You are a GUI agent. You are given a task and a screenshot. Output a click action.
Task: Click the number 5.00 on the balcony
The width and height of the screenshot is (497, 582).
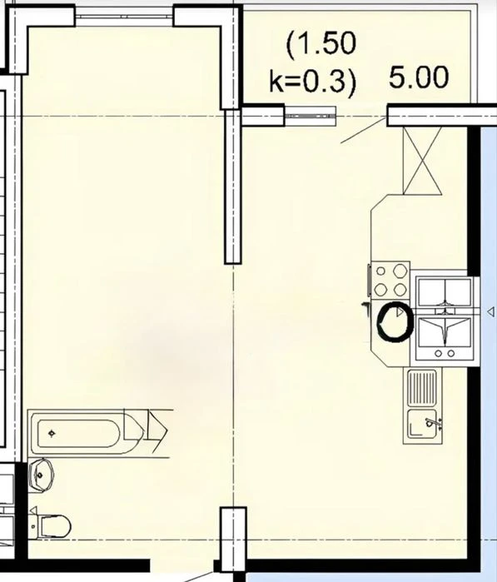point(419,77)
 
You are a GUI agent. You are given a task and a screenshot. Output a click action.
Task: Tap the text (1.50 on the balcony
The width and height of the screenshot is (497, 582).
point(321,44)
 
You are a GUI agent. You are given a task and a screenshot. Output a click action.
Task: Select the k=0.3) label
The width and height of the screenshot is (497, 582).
point(312,82)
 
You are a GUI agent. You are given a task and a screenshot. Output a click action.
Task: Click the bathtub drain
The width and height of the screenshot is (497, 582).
point(52,433)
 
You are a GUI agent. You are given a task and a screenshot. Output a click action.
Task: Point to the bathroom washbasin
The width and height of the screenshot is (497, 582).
point(41,475)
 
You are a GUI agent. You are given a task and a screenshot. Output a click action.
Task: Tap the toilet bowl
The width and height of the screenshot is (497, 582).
point(55,526)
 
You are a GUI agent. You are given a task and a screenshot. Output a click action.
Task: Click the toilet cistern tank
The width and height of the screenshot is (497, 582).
point(34,526)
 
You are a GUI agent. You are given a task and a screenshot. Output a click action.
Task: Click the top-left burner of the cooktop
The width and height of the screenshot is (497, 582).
point(380,271)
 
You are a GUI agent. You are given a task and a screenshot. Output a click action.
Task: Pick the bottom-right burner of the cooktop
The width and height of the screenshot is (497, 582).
point(400,289)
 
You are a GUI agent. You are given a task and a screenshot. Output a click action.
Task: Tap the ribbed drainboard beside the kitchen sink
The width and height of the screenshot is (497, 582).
point(422,388)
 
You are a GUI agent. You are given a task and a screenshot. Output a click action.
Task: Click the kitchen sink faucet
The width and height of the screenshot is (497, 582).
point(432,422)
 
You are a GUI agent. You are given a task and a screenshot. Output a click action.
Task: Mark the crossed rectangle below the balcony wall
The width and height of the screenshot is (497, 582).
point(422,161)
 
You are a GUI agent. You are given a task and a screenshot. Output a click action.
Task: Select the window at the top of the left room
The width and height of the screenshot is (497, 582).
point(124,17)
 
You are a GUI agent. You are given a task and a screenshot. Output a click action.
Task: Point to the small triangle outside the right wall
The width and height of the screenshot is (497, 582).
point(490,311)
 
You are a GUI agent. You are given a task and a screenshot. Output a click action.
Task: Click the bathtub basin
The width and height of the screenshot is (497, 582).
point(79,434)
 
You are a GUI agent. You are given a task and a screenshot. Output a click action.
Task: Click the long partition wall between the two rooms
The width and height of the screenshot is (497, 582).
point(233,187)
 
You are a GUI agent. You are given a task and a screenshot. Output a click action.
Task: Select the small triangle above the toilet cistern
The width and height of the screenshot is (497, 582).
point(32,510)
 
